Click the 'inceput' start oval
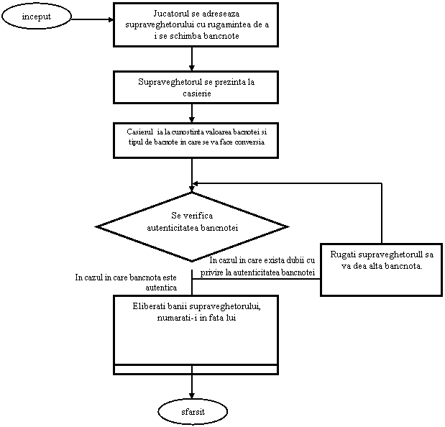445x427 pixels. [x=37, y=16]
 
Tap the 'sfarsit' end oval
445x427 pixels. [x=193, y=412]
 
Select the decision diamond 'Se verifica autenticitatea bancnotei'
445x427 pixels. [x=192, y=226]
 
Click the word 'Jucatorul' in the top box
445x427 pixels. [x=173, y=14]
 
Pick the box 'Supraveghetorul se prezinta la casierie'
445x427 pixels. [x=196, y=87]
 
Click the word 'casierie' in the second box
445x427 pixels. [x=196, y=93]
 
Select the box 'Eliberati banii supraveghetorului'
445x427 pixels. [x=196, y=330]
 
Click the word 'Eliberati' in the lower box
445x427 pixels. [x=150, y=306]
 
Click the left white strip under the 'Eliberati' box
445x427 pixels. [x=153, y=369]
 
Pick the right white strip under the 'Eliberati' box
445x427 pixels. [x=234, y=369]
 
